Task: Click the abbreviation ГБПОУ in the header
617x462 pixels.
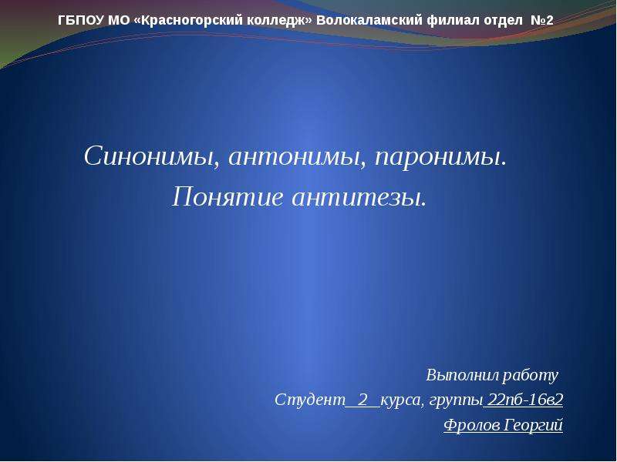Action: [81, 20]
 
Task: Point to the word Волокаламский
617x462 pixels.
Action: [369, 20]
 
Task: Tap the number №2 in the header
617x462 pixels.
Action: [542, 20]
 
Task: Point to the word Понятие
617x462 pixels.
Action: [228, 196]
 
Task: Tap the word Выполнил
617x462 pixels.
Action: [463, 375]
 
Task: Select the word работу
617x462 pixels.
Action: [531, 376]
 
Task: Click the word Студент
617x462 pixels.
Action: [310, 400]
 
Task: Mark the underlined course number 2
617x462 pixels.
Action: [362, 400]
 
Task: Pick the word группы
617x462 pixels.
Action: [456, 401]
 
